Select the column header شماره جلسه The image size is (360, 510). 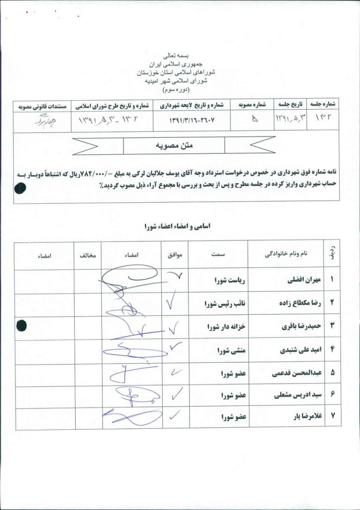pyautogui.click(x=325, y=106)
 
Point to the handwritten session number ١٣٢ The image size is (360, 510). pyautogui.click(x=324, y=120)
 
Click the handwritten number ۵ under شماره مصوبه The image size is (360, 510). pyautogui.click(x=255, y=120)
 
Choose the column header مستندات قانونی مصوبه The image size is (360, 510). pyautogui.click(x=42, y=106)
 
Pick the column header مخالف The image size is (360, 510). pyautogui.click(x=88, y=255)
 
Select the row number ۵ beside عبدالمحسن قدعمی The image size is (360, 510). pyautogui.click(x=332, y=372)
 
